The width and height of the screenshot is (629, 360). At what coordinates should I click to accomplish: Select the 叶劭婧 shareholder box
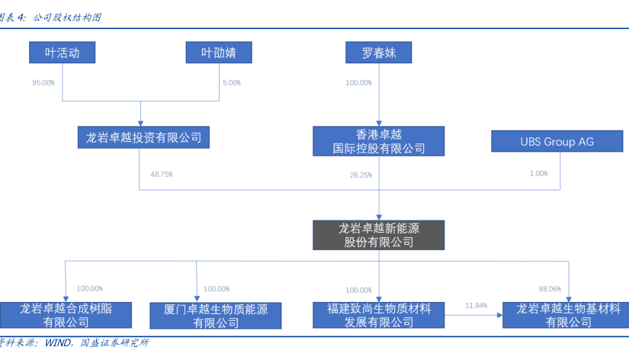[219, 53]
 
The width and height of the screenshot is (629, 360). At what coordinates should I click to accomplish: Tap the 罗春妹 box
[378, 53]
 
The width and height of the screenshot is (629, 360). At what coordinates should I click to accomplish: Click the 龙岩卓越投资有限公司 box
[143, 137]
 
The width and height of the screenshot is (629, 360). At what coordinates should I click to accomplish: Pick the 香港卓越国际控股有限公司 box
[379, 141]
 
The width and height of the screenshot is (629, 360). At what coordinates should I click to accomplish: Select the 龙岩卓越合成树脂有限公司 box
[66, 315]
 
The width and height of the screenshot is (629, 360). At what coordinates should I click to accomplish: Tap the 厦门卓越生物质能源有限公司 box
[217, 315]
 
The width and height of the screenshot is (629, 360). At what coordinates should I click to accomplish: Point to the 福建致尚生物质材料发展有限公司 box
[378, 315]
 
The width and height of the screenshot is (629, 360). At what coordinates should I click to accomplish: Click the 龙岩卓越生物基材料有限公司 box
[566, 315]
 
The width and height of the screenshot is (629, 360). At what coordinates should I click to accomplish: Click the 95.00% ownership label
[43, 82]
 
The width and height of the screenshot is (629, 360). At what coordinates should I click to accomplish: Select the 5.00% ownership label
[231, 82]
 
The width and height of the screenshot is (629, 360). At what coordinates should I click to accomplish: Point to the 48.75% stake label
[162, 175]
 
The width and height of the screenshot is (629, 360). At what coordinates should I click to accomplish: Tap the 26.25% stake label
[361, 175]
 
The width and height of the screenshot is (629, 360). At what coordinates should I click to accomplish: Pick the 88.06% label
[549, 289]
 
